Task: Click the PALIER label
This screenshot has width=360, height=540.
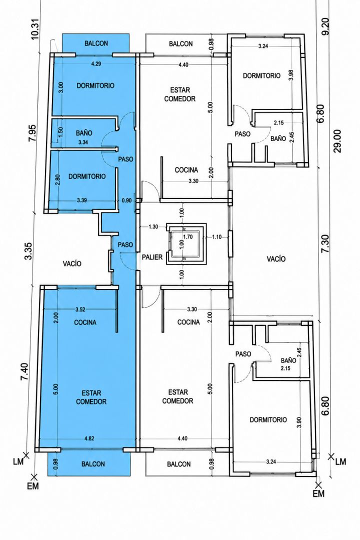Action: click(152, 257)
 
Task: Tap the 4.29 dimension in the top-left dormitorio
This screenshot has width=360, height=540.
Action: click(96, 63)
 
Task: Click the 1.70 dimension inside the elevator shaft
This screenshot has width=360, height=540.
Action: click(188, 236)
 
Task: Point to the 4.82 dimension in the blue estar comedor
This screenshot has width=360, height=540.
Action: click(89, 438)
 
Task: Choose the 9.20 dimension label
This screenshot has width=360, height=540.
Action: click(325, 26)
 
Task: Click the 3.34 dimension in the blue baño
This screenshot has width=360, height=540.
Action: click(83, 142)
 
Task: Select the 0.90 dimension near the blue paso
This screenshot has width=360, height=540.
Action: click(127, 200)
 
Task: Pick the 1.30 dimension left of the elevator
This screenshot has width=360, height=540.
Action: click(153, 226)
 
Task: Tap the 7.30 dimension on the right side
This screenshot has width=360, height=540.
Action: click(325, 244)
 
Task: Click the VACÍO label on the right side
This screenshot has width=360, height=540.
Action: click(276, 258)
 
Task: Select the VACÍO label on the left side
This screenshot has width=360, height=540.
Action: click(72, 263)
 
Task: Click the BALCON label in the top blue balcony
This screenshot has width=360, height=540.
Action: click(96, 43)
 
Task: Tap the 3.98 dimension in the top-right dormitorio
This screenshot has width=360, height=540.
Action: click(291, 75)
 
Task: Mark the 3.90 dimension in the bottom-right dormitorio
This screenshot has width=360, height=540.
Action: click(298, 422)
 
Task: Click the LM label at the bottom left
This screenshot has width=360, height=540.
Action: click(18, 461)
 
